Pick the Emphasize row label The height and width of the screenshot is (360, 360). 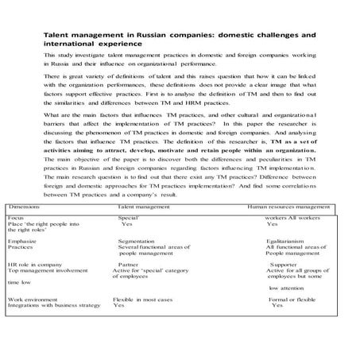pos(21,240)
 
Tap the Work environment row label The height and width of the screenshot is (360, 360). pos(32,298)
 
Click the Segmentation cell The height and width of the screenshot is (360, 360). pos(137,240)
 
